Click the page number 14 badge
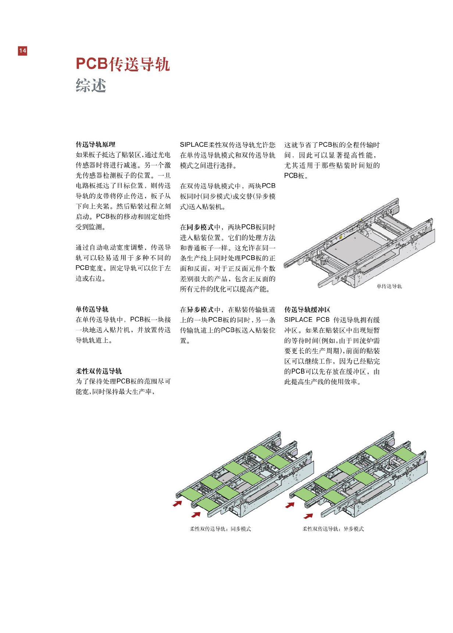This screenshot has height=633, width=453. click(22, 51)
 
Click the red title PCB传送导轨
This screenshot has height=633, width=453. click(122, 64)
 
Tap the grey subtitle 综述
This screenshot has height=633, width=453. click(91, 86)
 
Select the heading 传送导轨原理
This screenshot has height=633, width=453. click(95, 145)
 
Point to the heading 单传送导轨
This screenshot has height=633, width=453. click(92, 309)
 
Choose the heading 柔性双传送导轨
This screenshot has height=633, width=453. click(99, 371)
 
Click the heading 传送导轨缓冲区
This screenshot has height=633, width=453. click(307, 310)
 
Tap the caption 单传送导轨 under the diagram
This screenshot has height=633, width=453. click(389, 286)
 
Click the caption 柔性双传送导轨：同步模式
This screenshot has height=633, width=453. click(220, 529)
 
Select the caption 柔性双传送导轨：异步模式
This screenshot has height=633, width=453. click(333, 529)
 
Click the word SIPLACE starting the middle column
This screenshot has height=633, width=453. click(194, 145)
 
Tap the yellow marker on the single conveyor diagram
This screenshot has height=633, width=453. click(340, 237)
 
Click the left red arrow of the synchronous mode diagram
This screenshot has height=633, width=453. click(178, 503)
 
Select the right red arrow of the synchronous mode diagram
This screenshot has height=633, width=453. click(196, 514)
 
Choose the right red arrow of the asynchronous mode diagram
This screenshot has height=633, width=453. click(308, 516)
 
